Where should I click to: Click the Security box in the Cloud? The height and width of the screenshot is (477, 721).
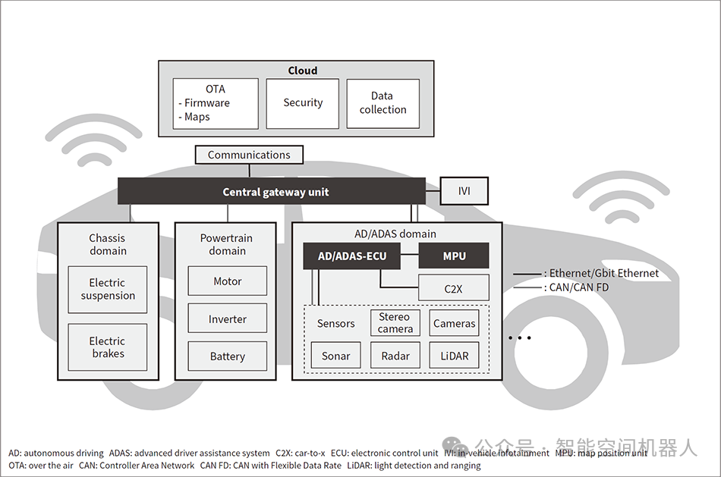coord(303,103)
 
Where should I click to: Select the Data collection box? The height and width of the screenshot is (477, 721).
coord(383,103)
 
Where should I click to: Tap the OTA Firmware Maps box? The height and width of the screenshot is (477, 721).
coord(216,103)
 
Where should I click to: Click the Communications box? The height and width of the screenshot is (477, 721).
coord(249,155)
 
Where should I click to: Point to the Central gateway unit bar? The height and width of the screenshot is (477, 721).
coord(271,192)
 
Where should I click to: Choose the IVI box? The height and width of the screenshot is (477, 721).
coord(464,191)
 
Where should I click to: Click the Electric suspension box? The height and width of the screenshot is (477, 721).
coord(107,289)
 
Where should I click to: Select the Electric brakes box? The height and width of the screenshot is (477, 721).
coord(107,347)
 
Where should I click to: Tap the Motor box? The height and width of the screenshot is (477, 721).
coord(227,281)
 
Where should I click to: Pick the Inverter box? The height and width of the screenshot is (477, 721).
coord(227,319)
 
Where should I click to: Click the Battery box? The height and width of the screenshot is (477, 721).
coord(227,356)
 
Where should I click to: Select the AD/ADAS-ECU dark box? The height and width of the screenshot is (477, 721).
coord(351,256)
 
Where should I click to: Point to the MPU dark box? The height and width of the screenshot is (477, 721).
coord(454,256)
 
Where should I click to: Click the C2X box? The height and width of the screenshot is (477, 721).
coord(453,288)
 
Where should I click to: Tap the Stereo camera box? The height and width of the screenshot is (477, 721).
coord(395,323)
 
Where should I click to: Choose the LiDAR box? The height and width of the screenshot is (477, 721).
coord(454,356)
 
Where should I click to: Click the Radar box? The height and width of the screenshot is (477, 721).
coord(395,356)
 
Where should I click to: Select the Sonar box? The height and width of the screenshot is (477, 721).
coord(335,356)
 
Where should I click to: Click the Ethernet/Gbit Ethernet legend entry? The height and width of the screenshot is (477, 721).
coord(586,273)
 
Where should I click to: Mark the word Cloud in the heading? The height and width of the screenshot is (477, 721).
coord(302,71)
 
